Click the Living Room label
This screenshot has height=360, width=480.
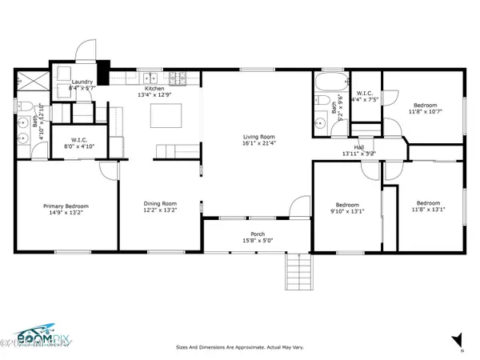256,136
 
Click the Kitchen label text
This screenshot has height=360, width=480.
154,89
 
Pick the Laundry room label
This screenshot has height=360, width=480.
82,82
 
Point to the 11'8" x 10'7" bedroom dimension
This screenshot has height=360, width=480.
425,113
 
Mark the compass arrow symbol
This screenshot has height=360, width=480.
457,339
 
